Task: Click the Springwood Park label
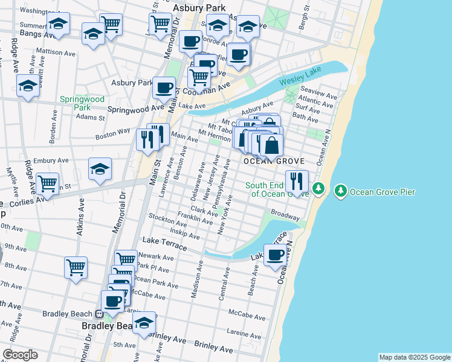[82, 103]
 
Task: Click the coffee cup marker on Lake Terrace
[276, 255]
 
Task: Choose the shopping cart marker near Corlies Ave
[47, 183]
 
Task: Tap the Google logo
[20, 355]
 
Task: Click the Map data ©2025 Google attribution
[415, 357]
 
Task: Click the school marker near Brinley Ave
[144, 323]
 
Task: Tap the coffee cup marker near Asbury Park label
[164, 87]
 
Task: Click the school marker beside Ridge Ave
[28, 87]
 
